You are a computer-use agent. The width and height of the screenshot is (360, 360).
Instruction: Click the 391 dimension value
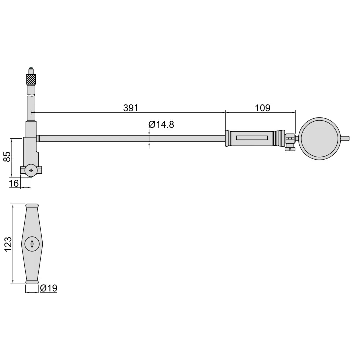[x=131, y=108]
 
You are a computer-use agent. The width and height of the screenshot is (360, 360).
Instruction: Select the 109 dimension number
[x=263, y=108]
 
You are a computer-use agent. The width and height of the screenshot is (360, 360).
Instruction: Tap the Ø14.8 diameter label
[x=161, y=125]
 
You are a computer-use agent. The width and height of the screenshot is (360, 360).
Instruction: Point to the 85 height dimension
[x=7, y=157]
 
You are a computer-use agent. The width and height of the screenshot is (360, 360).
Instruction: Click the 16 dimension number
[x=14, y=183]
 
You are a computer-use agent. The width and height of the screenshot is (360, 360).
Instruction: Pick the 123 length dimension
[x=8, y=244]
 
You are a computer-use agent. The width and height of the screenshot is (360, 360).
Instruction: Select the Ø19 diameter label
[x=48, y=288]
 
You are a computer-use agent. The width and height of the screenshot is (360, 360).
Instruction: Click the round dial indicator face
[x=320, y=138]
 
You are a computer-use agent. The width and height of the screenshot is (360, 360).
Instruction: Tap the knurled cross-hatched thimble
[x=31, y=79]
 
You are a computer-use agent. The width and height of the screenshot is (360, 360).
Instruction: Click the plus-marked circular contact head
[x=31, y=170]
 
